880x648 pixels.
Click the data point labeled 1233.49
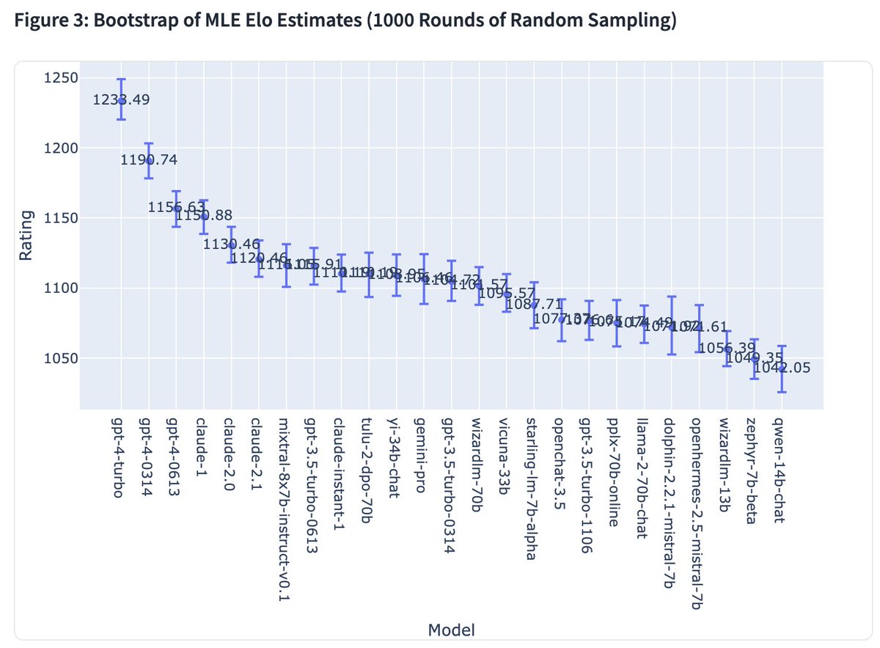121,101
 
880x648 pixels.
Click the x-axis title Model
451,629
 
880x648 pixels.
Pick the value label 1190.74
150,160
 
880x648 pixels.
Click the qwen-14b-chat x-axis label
780,470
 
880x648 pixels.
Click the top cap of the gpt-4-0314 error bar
149,143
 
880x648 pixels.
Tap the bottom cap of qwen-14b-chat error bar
782,392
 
